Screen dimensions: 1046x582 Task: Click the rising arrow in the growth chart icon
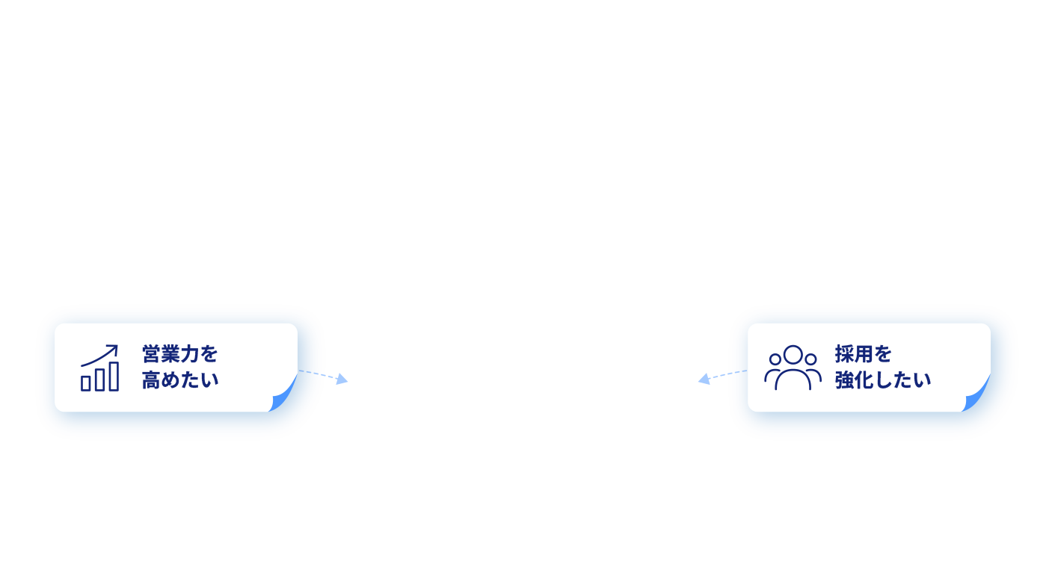coord(99,356)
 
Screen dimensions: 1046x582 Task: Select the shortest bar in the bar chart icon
coord(86,384)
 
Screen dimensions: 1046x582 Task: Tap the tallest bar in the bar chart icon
coord(114,377)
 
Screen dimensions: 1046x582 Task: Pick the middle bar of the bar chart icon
coord(100,380)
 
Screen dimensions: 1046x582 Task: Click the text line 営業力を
coord(179,354)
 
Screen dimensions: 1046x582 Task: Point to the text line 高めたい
coord(180,380)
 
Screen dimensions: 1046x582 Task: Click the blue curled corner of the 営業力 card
coord(283,394)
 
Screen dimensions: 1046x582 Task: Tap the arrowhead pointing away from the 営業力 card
coord(342,379)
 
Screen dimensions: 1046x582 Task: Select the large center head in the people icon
coord(793,355)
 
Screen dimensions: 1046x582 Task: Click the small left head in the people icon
coord(775,359)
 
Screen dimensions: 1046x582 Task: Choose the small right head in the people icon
coord(810,359)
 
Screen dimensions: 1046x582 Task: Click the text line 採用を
coord(863,354)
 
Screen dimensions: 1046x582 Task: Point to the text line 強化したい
coord(882,380)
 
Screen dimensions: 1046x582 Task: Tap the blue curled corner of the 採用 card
coord(976,394)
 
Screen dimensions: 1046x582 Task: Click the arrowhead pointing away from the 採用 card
coord(704,379)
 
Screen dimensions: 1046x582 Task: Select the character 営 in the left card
coord(151,354)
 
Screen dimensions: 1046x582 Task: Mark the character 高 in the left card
coord(151,380)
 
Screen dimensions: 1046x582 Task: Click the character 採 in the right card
coord(844,354)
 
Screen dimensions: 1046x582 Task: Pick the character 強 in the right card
coord(844,380)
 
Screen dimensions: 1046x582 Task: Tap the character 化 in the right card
coord(864,380)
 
